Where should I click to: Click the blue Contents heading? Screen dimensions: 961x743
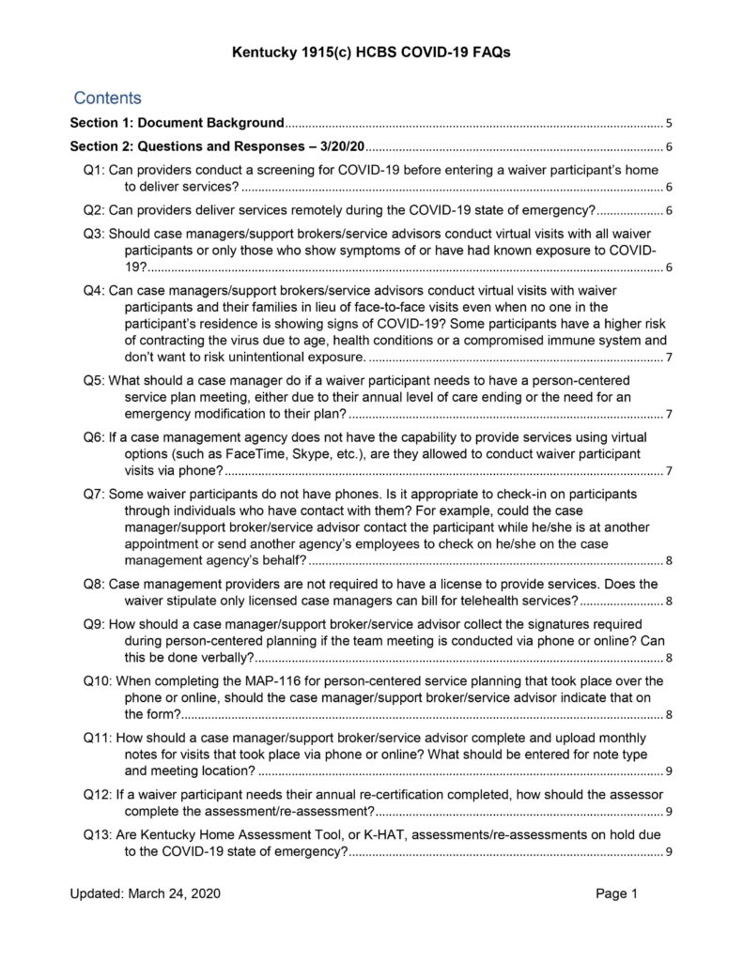[107, 99]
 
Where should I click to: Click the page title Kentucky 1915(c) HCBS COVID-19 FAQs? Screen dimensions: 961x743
[371, 53]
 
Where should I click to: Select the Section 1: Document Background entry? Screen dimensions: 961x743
[177, 123]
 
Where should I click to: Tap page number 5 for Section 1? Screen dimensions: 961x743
[669, 123]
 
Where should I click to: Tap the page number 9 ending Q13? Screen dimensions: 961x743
[668, 852]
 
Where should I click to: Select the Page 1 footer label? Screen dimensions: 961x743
[617, 894]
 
